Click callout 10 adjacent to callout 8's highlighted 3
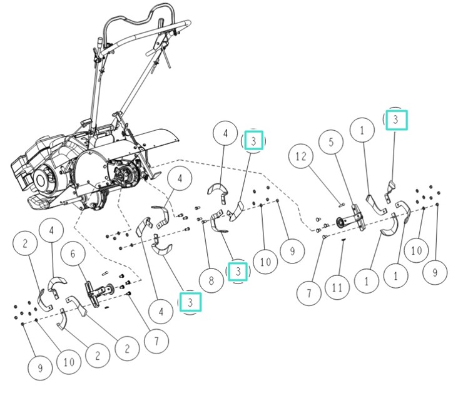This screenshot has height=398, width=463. [x=265, y=262]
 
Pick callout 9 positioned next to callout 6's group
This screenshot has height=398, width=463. [x=41, y=368]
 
